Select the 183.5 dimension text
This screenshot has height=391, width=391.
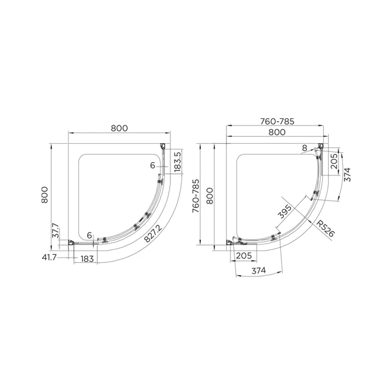point(178,161)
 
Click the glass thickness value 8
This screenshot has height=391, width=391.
point(304,148)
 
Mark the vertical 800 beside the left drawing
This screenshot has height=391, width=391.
point(44,195)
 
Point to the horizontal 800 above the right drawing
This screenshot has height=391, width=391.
point(276,132)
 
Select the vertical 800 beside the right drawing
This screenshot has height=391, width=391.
point(208,195)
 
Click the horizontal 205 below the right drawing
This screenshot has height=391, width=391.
point(243,256)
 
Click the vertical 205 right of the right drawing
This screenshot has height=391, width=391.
point(334,160)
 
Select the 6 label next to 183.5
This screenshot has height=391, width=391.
point(153,166)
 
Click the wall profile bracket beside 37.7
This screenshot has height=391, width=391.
point(71,242)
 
